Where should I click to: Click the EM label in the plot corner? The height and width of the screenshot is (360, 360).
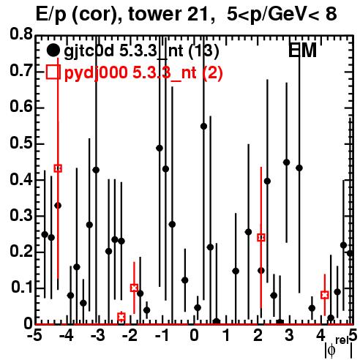point(302,50)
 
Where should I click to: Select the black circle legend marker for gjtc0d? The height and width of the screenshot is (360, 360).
point(53,50)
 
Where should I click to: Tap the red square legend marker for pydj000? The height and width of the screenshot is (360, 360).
point(53,72)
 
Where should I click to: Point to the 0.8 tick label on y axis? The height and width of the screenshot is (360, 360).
point(21,35)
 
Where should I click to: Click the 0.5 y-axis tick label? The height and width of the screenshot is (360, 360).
point(21,143)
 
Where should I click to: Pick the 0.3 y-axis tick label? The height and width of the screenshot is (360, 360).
point(21,215)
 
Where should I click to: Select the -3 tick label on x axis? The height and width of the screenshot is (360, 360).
point(98,336)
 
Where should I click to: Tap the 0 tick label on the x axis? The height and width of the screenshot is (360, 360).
point(194,336)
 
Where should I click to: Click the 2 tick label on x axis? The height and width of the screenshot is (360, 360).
point(258,336)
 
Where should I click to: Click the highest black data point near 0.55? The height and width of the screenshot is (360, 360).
point(203,127)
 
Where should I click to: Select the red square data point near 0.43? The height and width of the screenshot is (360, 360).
point(58,168)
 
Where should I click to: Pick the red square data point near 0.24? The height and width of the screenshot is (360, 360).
point(261,237)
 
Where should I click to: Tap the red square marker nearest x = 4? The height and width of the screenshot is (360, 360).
point(324,295)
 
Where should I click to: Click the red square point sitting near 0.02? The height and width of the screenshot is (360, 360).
point(121,317)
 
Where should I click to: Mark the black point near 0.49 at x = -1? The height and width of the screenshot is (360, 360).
point(160,148)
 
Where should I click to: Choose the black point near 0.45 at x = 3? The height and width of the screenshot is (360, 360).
point(287,162)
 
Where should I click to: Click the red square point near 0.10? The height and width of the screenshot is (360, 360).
point(134,288)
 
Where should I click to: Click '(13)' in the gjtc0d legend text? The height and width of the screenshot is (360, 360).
point(203,51)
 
